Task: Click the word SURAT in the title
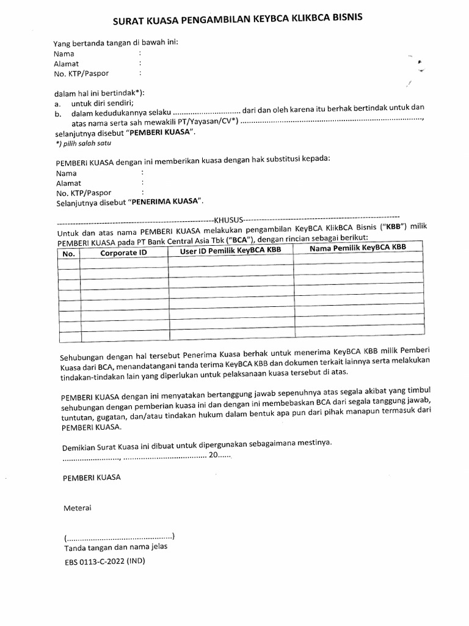129,23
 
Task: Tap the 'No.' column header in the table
68,253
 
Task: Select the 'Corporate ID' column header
123,252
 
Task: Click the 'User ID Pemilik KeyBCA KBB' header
230,251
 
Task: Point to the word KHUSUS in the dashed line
227,219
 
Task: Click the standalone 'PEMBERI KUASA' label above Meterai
92,477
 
